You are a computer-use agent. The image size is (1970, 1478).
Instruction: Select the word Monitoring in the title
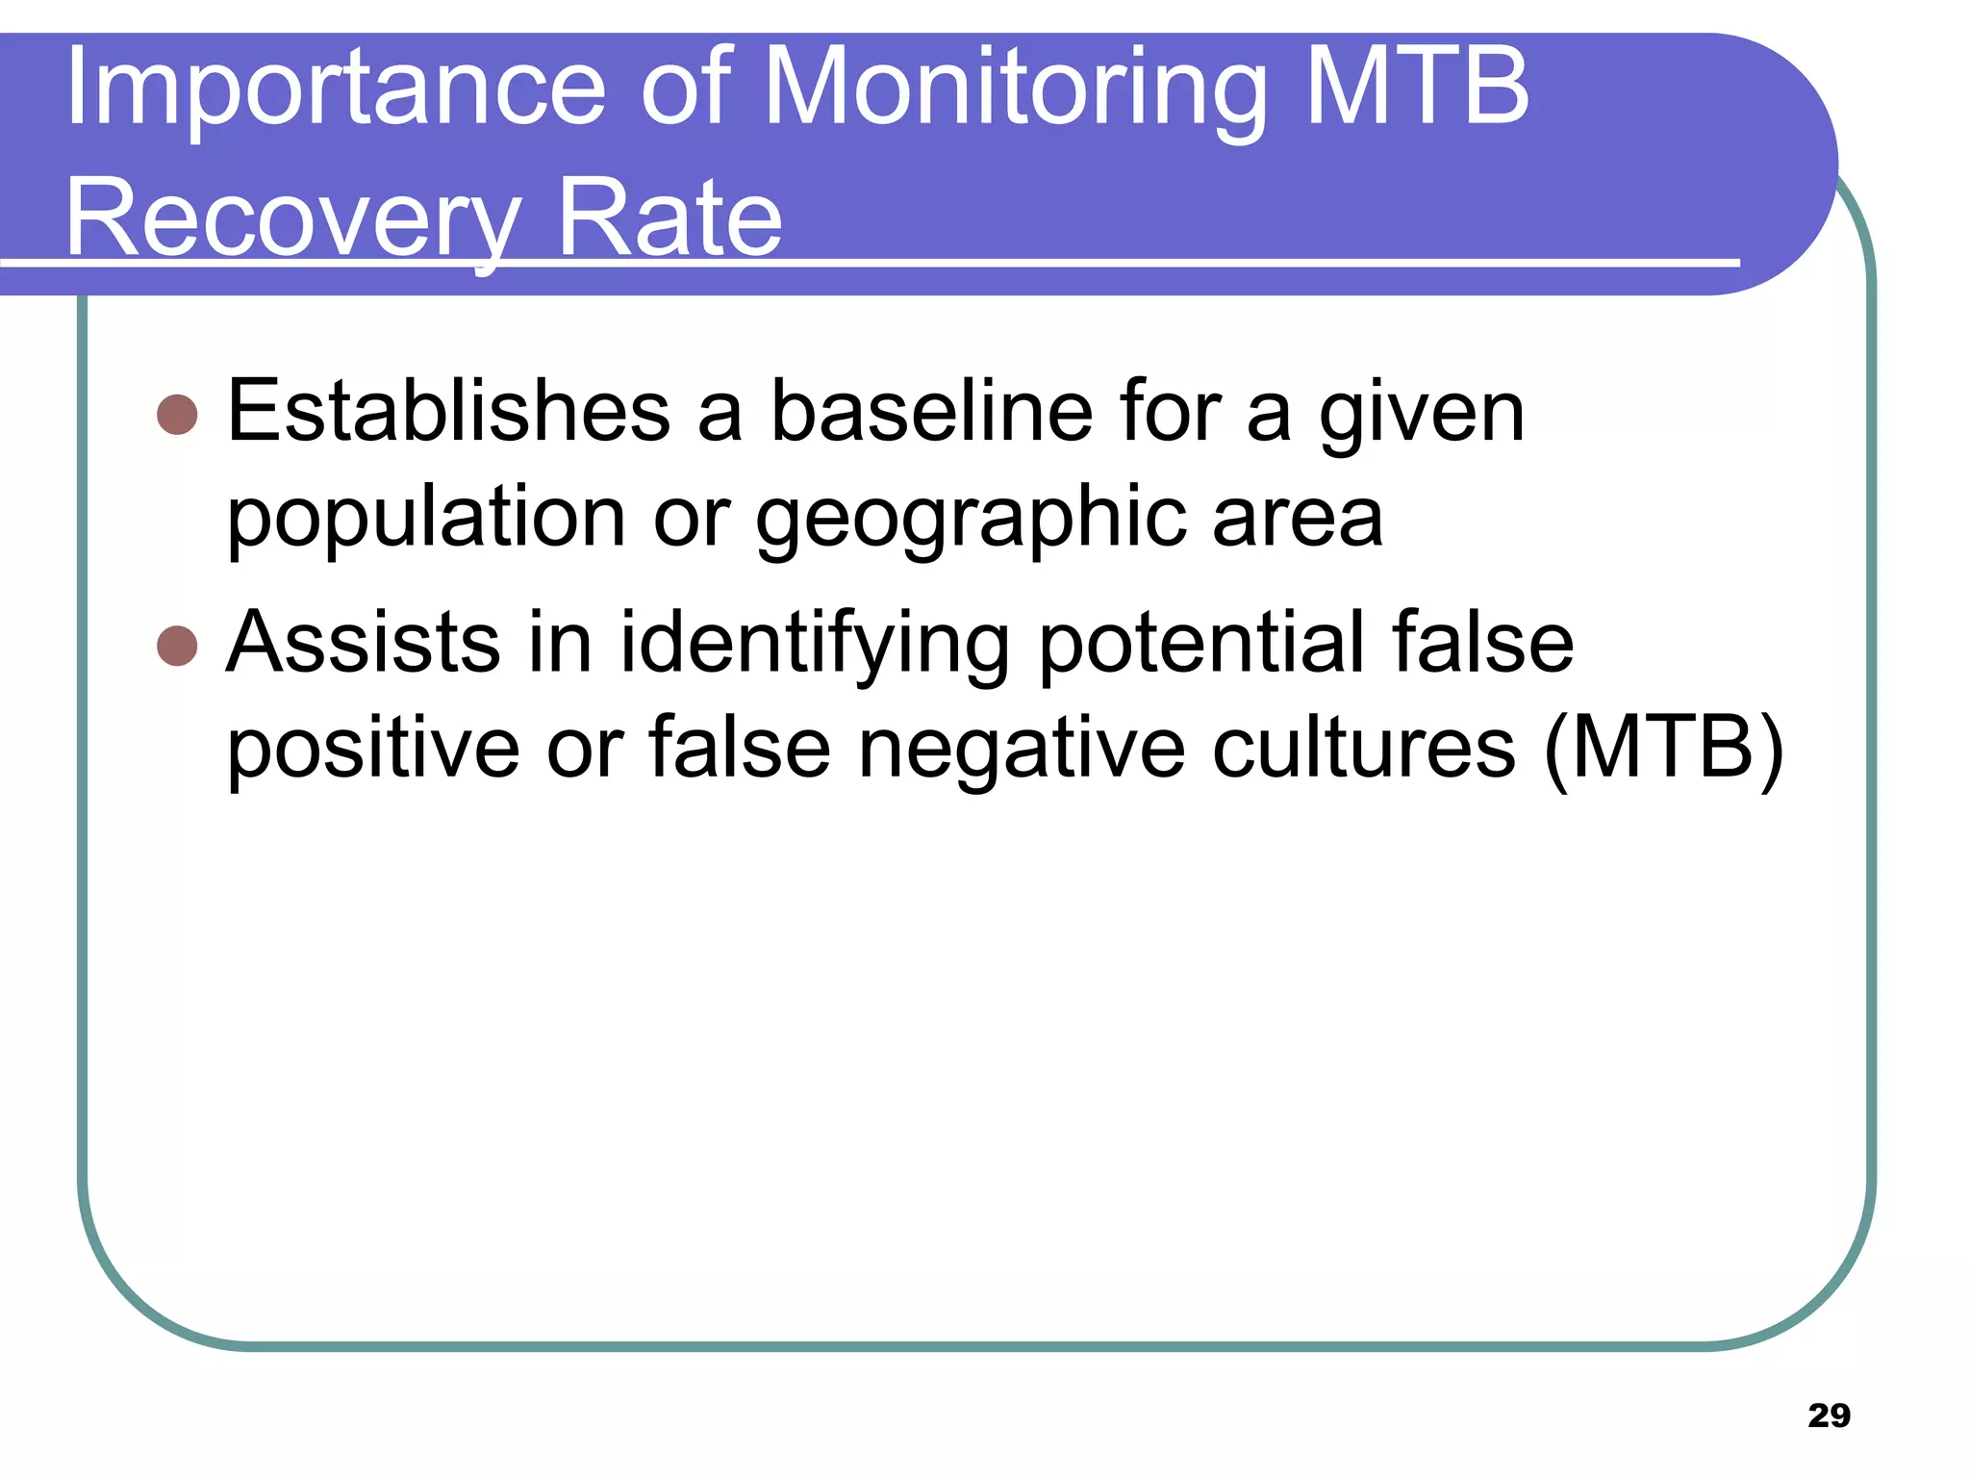pos(1015,91)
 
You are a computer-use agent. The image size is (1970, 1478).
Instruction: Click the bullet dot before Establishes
pos(177,415)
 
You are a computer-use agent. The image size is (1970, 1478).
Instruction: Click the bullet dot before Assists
pos(177,646)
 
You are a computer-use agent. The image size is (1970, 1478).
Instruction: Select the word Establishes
pos(448,412)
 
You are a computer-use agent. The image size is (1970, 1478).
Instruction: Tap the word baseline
pos(931,412)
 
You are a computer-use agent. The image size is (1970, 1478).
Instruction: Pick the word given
pos(1421,417)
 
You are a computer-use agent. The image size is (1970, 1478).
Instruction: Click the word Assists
pos(363,642)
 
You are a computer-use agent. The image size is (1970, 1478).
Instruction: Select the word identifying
pos(814,645)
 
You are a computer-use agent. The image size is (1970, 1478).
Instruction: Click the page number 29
pos(1829,1415)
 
